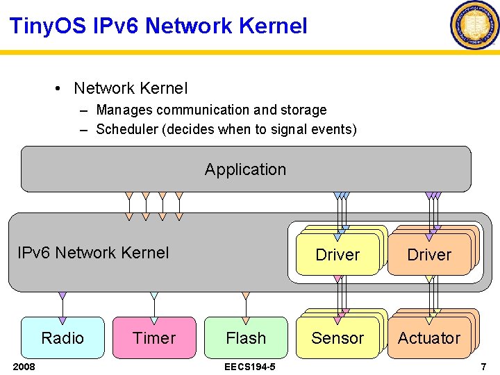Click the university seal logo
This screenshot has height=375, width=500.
(475, 25)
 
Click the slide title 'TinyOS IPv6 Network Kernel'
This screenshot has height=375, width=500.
(158, 26)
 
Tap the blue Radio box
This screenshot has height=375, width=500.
(62, 338)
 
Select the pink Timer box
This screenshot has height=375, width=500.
(154, 338)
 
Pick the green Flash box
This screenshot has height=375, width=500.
(246, 338)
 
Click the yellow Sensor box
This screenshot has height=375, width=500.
(337, 338)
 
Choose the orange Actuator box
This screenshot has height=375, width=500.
(428, 338)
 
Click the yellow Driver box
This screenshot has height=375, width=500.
(337, 255)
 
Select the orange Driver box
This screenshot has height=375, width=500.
(428, 255)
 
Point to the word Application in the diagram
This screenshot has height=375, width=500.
(245, 169)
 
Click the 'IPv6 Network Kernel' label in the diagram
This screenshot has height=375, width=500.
(92, 253)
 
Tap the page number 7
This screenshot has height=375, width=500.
(483, 366)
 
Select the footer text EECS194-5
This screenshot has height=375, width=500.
(249, 366)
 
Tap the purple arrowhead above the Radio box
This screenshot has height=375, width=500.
(62, 296)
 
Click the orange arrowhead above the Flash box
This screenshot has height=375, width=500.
(246, 296)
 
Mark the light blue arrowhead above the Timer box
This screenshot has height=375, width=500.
(154, 296)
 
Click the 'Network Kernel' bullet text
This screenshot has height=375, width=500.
(131, 88)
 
